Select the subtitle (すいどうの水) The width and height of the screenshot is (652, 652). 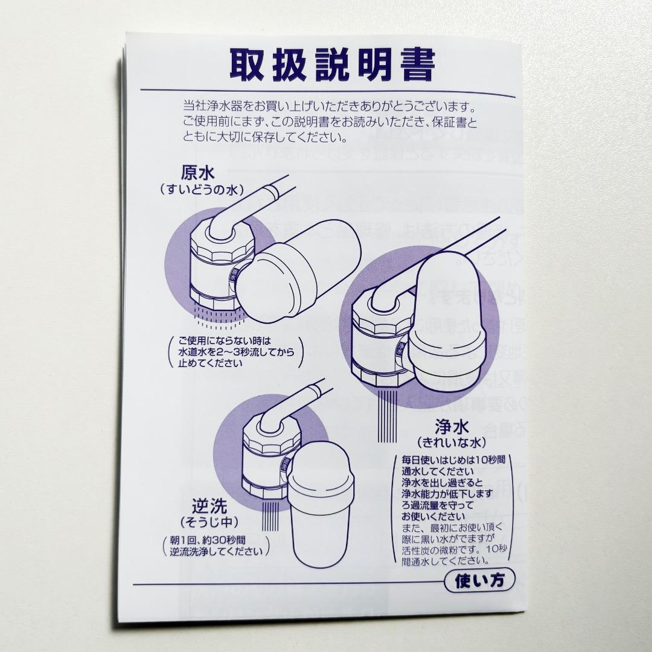(202, 190)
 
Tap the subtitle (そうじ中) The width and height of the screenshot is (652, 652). (209, 521)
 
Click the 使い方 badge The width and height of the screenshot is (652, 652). (480, 581)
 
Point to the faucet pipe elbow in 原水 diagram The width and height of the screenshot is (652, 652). (223, 220)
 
